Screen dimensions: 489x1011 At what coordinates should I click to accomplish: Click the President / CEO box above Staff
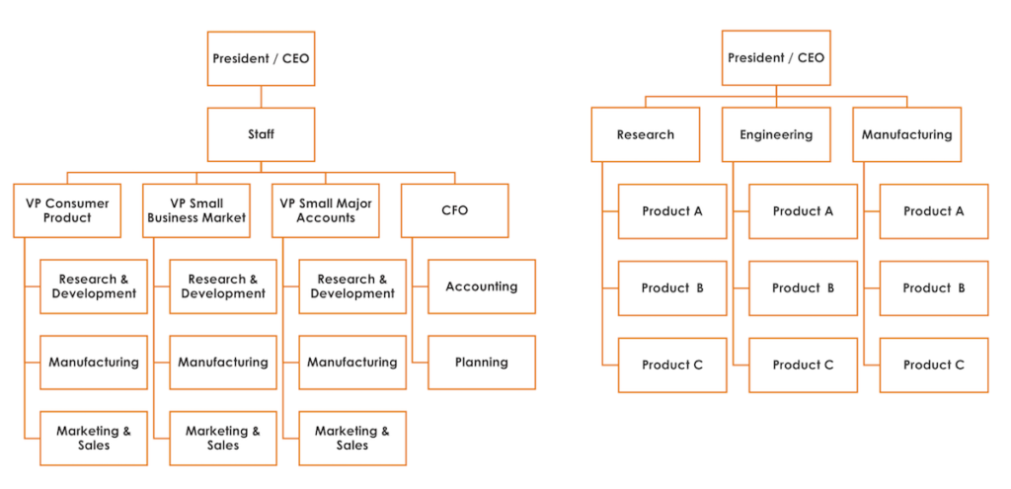point(261,58)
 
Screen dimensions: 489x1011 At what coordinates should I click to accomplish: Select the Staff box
point(261,134)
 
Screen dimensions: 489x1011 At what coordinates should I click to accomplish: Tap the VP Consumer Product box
point(67,210)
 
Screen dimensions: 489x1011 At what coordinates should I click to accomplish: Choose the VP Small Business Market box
point(196,210)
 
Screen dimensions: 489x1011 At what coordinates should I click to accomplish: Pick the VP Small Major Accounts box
point(326,210)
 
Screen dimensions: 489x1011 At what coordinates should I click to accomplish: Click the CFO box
point(455,210)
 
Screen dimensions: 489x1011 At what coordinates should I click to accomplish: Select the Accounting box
point(482,286)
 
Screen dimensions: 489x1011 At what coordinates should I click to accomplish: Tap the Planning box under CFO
point(482,363)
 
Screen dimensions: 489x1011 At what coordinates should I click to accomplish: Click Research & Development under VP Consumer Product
point(94,286)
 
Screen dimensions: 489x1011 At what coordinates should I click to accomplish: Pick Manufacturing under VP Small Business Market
point(223,363)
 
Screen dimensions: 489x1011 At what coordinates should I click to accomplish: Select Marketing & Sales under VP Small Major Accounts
point(352,438)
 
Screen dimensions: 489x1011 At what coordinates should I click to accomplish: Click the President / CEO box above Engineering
point(776,58)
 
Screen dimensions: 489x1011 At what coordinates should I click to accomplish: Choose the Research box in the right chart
point(646,134)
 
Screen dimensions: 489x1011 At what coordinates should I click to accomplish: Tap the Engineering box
point(776,134)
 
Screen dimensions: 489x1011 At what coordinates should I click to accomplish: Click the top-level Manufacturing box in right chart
point(906,134)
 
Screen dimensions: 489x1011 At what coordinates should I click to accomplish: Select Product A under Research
point(672,211)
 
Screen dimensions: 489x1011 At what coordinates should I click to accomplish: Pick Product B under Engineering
point(803,288)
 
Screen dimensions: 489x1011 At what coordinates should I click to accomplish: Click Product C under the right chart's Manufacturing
point(933,365)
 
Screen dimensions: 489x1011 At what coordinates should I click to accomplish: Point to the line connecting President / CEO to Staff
point(261,97)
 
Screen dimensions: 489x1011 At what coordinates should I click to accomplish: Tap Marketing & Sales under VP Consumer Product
point(94,438)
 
